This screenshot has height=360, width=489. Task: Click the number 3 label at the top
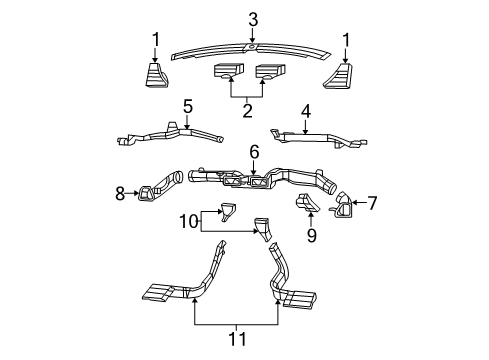coord(253,18)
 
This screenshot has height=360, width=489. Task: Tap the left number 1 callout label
coord(155,39)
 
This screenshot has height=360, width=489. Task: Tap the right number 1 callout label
coord(348,39)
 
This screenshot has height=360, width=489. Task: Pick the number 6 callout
coord(254,151)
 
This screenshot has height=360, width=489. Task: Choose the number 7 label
coord(372,203)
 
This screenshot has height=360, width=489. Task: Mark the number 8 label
coord(120,193)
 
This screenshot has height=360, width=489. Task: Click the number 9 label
coord(310,237)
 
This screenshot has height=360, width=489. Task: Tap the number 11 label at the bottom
coord(237,341)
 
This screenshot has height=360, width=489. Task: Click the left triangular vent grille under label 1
coord(153,76)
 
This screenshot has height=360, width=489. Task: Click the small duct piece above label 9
coord(306,207)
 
